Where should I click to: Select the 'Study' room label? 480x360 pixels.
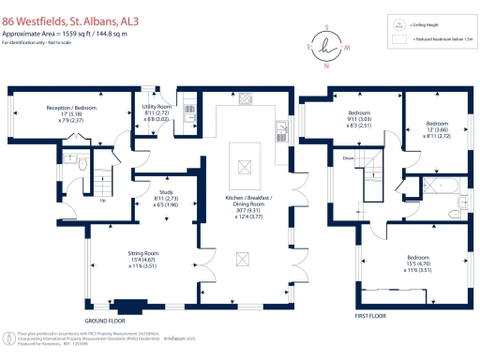(x=165, y=198)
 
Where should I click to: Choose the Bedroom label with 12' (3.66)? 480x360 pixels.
(x=438, y=129)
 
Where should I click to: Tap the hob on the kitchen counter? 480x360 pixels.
(x=247, y=99)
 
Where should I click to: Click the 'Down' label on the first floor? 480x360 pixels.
(x=348, y=158)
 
